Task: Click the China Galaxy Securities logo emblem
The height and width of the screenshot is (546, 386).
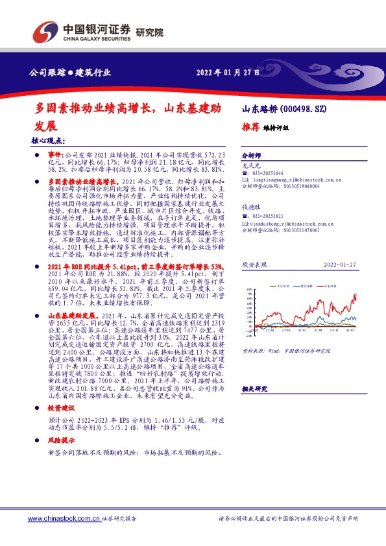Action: coord(43,31)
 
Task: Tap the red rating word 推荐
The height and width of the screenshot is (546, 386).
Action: coord(250,127)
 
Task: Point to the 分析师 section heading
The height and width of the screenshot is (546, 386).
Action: coord(250,156)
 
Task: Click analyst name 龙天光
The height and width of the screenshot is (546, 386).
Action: coord(250,167)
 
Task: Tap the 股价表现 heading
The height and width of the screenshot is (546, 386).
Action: coord(254,265)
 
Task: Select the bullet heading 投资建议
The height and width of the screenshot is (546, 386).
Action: coord(62,409)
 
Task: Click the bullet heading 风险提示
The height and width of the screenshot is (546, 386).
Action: coord(62,440)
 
